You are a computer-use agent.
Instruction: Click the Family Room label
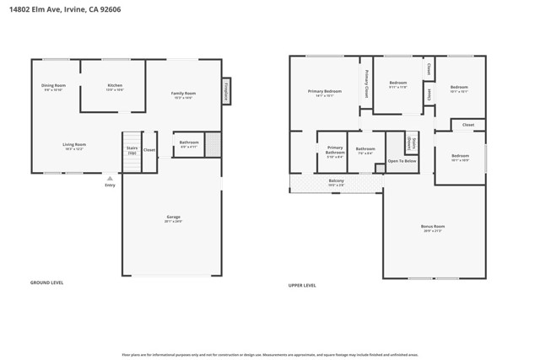(x=183, y=94)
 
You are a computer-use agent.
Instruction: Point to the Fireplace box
(x=226, y=91)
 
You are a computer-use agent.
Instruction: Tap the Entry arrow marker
(x=110, y=179)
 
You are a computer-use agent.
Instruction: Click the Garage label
(x=173, y=218)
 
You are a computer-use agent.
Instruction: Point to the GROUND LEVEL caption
(x=46, y=282)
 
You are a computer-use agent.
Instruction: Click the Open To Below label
(x=402, y=160)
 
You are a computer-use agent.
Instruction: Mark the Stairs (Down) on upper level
(x=411, y=143)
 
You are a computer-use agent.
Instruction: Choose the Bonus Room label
(x=434, y=228)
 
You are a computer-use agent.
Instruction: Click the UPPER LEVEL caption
(x=302, y=285)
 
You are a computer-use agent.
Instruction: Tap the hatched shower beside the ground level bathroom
(x=213, y=144)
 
